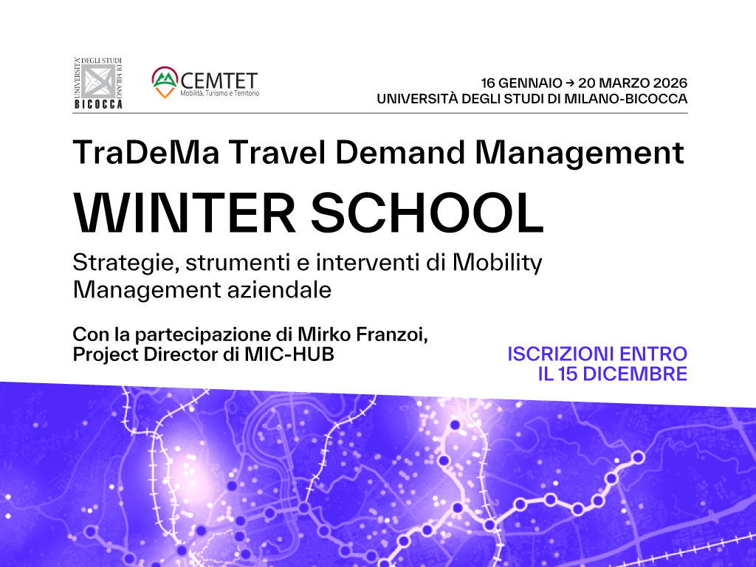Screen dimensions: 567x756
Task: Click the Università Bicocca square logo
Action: click(x=98, y=82)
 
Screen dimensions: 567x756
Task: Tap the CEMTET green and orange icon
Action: click(x=165, y=80)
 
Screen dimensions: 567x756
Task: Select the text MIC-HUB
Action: click(x=292, y=354)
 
